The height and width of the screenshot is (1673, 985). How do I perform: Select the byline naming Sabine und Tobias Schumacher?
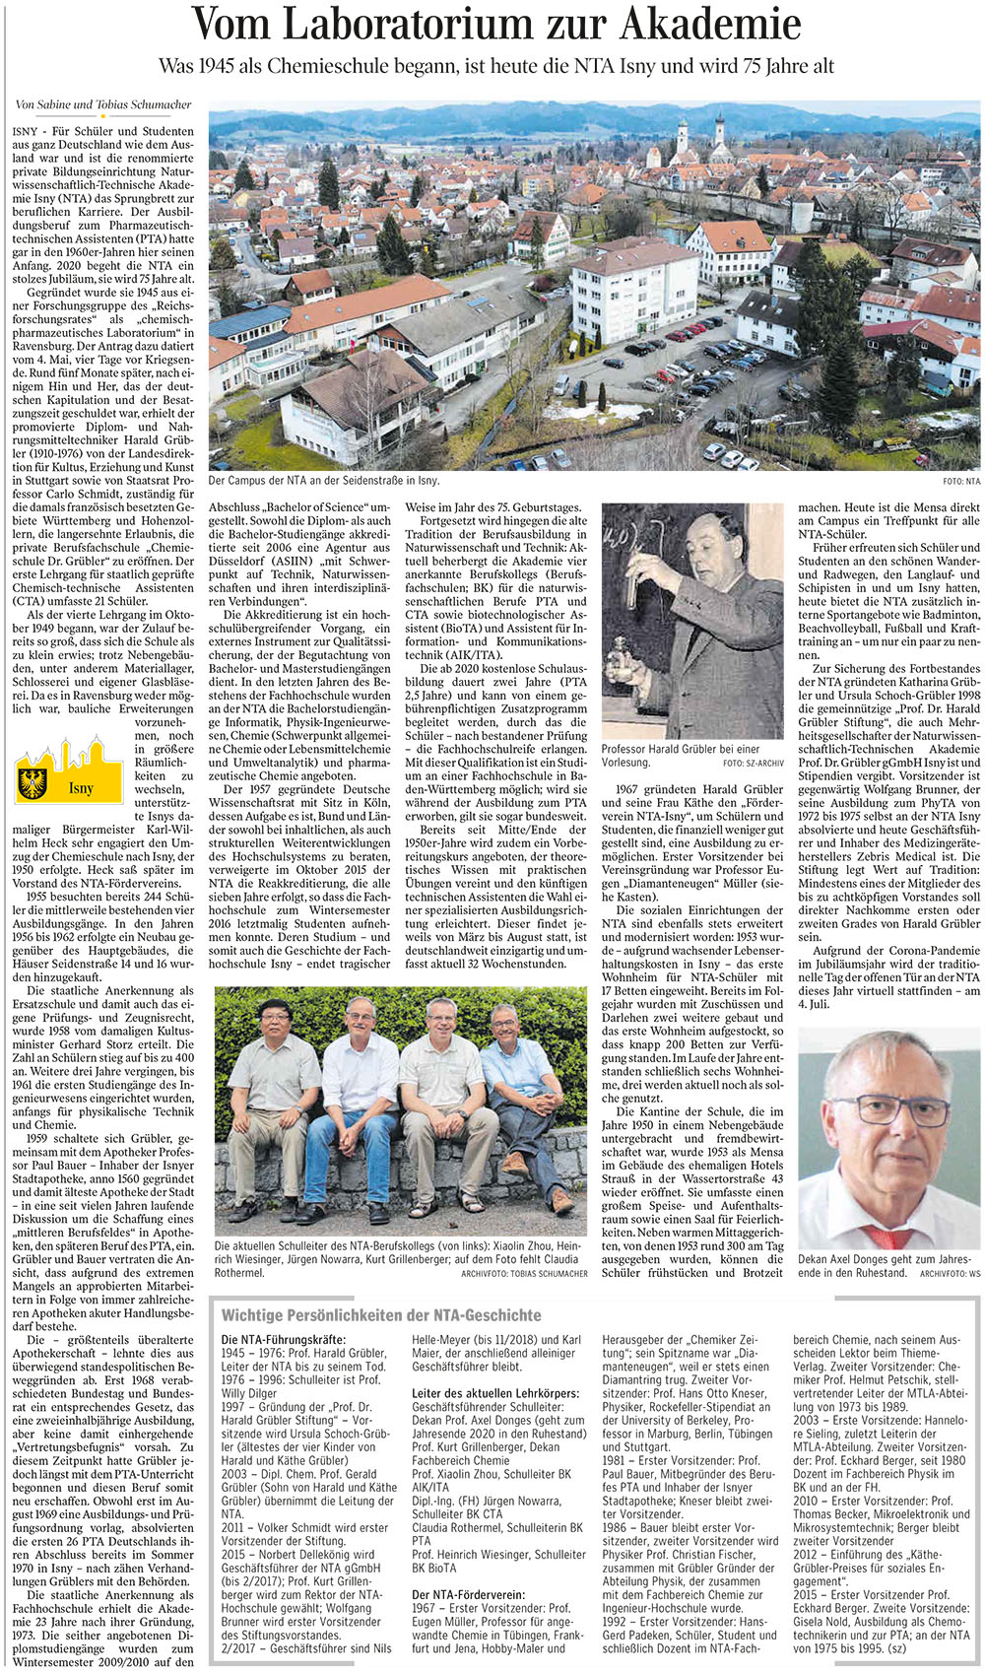click(103, 104)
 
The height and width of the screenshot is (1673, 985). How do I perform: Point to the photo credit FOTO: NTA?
click(960, 482)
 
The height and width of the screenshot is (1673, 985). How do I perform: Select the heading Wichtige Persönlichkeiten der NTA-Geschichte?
click(381, 1314)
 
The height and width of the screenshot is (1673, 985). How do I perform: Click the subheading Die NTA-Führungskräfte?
click(284, 1340)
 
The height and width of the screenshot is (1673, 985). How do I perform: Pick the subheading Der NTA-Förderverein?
click(468, 1594)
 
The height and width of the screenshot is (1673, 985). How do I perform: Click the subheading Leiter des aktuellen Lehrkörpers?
click(495, 1392)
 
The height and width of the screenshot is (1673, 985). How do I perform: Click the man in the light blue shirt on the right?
click(518, 1094)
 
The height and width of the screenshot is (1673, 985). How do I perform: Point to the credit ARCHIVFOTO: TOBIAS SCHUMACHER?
click(524, 1273)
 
